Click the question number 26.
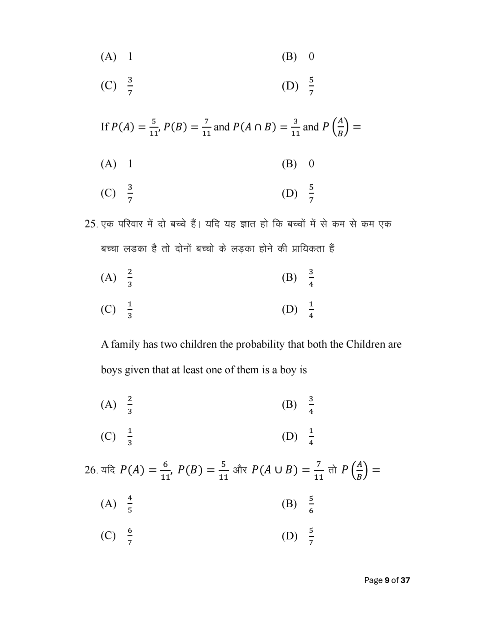point(91,470)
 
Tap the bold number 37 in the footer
point(405,580)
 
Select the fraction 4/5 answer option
point(130,503)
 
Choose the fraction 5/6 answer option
point(311,503)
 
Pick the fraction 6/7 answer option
point(130,535)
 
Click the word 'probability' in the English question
point(260,344)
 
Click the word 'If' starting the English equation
point(105,127)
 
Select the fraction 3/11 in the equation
point(295,127)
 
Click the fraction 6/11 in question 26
point(165,470)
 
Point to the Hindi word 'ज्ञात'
point(248,224)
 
